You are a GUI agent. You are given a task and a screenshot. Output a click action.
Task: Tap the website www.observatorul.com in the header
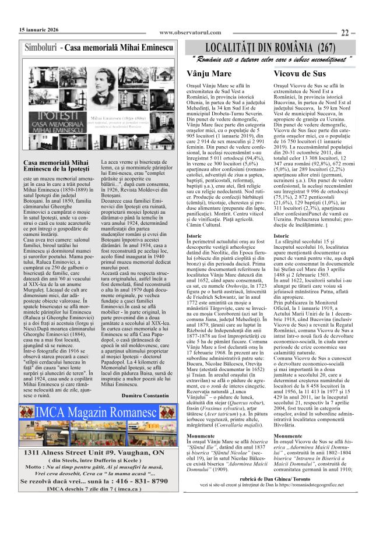(x=190, y=33)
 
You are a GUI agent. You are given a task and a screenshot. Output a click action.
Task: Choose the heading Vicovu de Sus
(x=300, y=74)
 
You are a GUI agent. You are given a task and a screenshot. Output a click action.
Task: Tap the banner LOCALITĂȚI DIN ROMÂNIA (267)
(x=270, y=47)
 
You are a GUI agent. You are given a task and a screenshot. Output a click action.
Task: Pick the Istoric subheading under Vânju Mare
(x=194, y=236)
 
